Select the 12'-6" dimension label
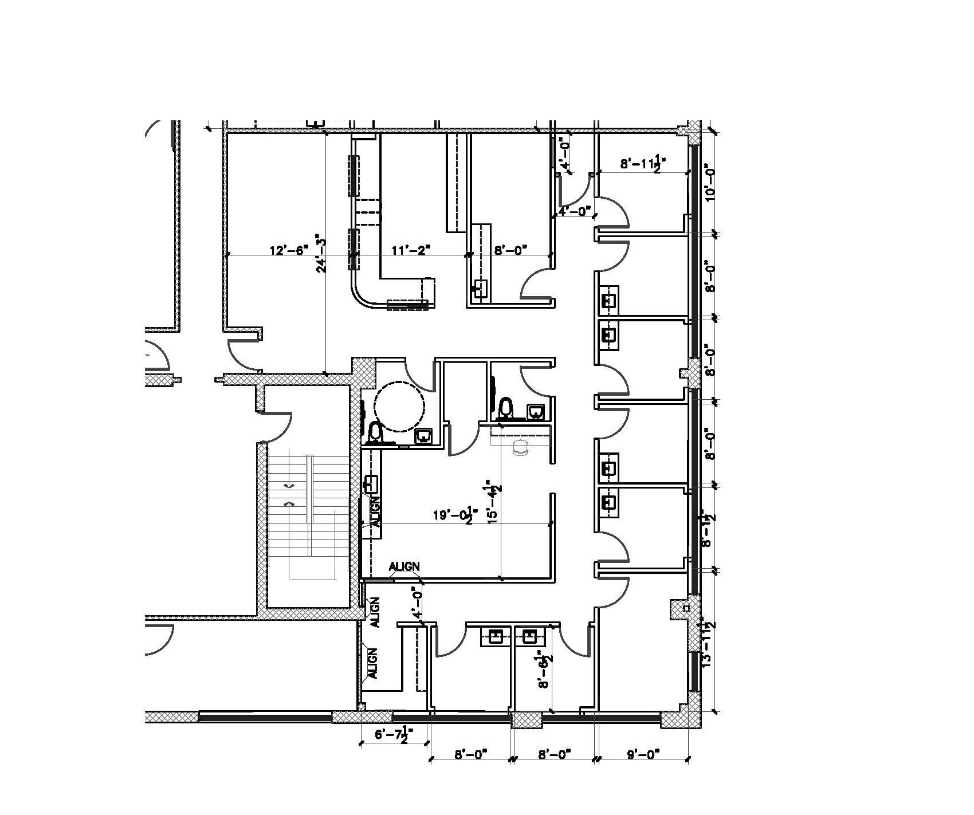coord(289,250)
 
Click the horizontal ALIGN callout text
coord(404,566)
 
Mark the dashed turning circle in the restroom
coord(399,406)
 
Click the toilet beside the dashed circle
coord(375,432)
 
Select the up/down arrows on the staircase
coord(289,495)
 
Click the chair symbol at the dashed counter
coord(521,450)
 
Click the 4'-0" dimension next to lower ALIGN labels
coord(418,603)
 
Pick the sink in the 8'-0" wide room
coord(480,288)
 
